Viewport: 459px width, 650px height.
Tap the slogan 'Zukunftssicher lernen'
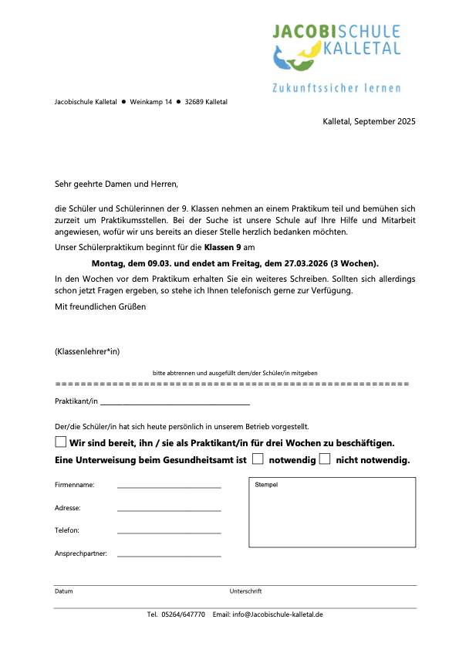point(336,88)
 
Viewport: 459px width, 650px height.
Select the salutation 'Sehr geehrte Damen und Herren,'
point(116,185)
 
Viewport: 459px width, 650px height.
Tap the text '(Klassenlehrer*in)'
point(87,352)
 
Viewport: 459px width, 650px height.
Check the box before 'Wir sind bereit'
point(60,442)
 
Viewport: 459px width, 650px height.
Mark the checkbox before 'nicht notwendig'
point(325,459)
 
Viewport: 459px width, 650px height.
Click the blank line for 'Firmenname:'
point(169,487)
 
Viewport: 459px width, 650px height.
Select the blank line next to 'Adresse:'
point(169,510)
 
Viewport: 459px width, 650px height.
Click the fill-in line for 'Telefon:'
point(169,532)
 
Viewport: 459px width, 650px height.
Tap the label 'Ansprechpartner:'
point(80,554)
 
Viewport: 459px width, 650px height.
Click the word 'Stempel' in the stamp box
point(266,485)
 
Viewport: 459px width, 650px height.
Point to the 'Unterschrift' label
point(245,591)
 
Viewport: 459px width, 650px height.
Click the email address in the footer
point(279,614)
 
